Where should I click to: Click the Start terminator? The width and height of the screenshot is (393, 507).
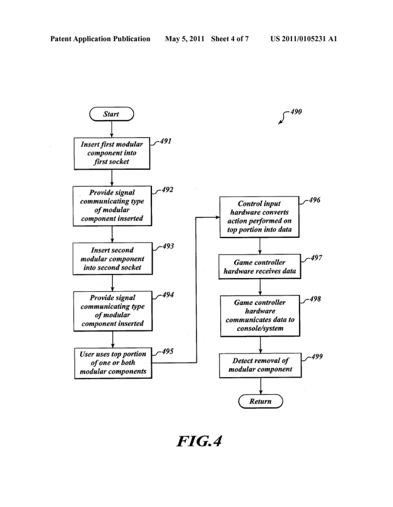click(x=111, y=114)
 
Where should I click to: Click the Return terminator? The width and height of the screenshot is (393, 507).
click(x=260, y=401)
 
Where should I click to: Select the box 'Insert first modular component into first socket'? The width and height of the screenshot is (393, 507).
click(x=112, y=153)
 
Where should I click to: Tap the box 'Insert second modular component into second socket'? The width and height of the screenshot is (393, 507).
click(x=112, y=259)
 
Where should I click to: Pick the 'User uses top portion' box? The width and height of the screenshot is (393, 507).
click(x=113, y=363)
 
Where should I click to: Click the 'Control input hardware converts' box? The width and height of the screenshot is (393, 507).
click(x=259, y=216)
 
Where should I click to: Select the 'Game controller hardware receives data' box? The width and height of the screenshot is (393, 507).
click(x=260, y=267)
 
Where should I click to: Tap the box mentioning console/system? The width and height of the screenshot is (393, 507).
click(x=260, y=315)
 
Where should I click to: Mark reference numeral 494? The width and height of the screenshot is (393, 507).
click(x=167, y=295)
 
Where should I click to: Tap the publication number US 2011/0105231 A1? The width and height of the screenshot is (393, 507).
click(x=303, y=39)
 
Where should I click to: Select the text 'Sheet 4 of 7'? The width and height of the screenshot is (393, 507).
click(x=230, y=39)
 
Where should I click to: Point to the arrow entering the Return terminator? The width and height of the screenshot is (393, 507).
click(x=260, y=386)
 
